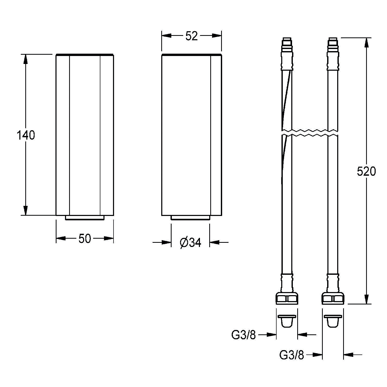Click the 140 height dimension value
point(26,135)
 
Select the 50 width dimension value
point(85,239)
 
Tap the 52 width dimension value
point(191,36)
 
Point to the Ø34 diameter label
point(190,243)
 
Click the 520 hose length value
point(366,172)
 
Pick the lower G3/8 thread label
point(292,355)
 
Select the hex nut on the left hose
point(287,298)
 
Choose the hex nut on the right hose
point(333,298)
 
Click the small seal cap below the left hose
point(287,320)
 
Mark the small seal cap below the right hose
point(333,320)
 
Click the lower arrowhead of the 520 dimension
point(366,299)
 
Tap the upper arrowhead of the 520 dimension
point(366,43)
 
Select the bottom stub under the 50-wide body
point(85,218)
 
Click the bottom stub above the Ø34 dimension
point(190,218)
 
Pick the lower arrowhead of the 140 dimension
point(25,210)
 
